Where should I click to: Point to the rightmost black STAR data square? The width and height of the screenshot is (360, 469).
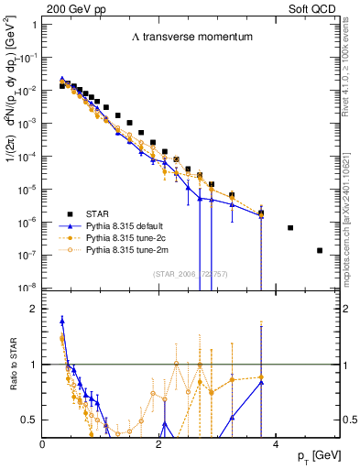(x=320, y=250)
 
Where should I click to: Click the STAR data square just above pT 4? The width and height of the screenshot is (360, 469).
(x=290, y=227)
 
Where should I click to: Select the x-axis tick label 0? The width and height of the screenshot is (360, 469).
(x=43, y=443)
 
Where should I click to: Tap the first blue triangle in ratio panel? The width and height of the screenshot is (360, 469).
(x=61, y=321)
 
